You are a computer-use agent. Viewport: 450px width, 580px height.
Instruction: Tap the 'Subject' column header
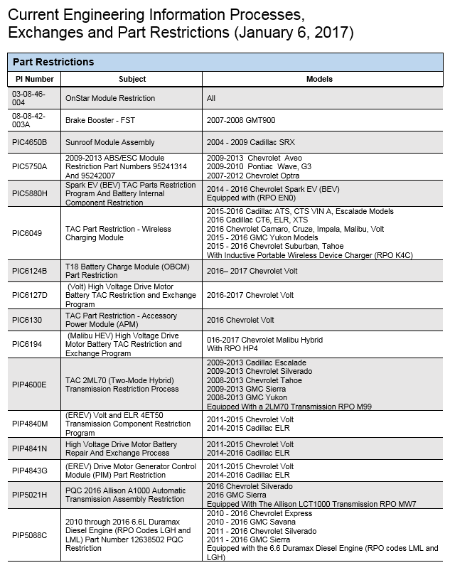132,79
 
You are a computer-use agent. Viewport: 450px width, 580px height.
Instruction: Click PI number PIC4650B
29,142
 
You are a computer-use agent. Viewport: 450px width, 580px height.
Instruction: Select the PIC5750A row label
29,166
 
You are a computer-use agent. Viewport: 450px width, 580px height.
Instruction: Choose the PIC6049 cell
27,233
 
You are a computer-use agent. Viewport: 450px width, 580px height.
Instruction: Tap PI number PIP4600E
29,384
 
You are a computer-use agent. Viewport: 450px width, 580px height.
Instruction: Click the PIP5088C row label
29,535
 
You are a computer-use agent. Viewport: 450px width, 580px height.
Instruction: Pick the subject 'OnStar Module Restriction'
110,98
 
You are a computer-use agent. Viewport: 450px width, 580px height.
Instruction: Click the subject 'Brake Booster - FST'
101,121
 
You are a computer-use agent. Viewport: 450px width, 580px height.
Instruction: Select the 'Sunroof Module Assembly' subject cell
110,142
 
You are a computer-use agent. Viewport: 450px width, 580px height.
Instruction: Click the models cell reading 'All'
211,98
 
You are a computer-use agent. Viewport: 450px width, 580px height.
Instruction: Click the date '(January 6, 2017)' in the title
287,33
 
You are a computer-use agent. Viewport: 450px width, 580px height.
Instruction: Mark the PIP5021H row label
29,495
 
